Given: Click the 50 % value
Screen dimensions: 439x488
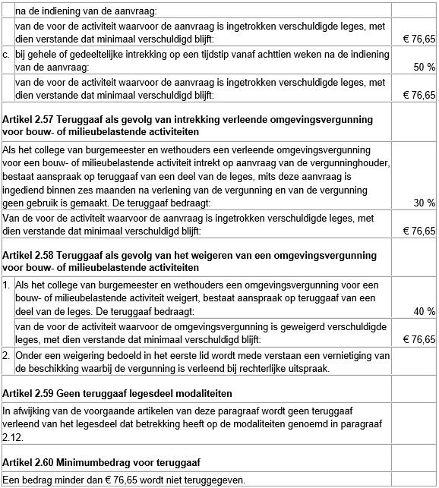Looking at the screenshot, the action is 422,68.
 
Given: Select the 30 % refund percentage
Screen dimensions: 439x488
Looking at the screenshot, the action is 422,203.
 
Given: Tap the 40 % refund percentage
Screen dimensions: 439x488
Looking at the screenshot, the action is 422,311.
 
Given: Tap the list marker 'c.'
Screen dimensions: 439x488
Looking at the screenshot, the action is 7,55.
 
